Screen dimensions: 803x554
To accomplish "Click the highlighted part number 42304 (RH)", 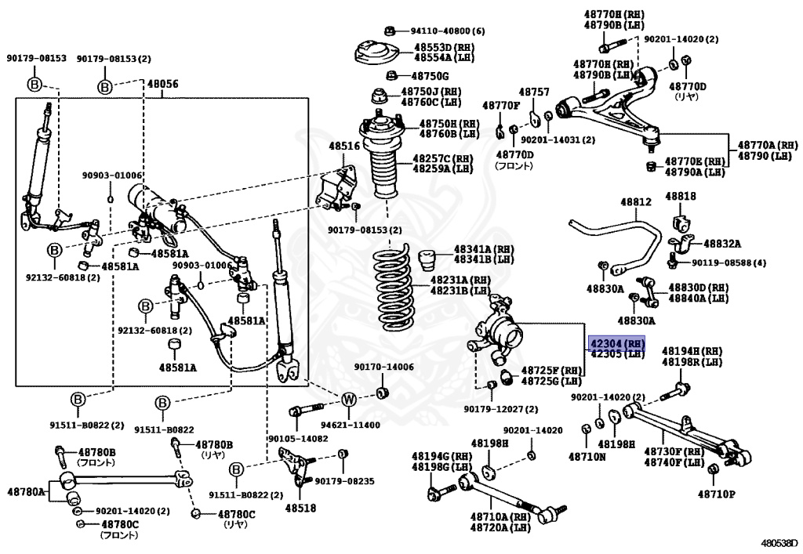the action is click(617, 342).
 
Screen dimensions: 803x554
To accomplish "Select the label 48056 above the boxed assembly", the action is click(163, 84).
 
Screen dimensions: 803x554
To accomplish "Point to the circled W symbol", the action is click(348, 400).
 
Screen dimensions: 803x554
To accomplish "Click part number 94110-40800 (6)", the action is click(448, 31).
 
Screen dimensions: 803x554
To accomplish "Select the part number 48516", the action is click(344, 147).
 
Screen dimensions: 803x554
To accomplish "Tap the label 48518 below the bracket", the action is click(300, 508).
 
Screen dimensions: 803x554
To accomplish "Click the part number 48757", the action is click(533, 92).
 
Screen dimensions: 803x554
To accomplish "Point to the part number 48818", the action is click(681, 196).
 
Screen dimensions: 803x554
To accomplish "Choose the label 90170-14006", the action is click(384, 367).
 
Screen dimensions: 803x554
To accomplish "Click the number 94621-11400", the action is click(351, 425).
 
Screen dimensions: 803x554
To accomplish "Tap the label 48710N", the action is click(587, 456).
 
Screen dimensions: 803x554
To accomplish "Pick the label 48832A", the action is click(722, 244).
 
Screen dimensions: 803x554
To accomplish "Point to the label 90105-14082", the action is click(298, 438).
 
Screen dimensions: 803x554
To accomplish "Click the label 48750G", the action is click(431, 76).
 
